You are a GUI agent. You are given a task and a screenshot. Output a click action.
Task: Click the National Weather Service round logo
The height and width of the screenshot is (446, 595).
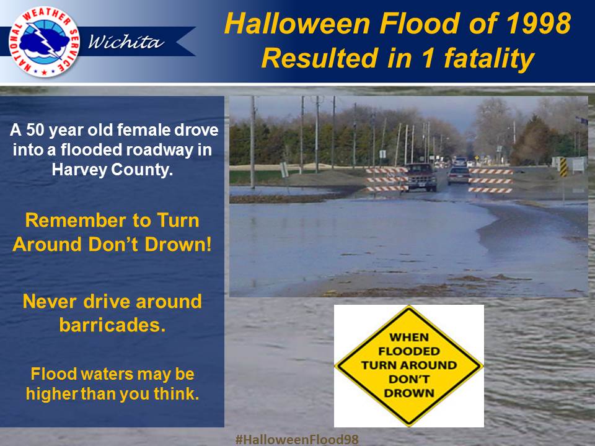[44, 42]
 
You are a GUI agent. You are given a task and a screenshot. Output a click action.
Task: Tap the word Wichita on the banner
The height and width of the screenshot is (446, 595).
[126, 41]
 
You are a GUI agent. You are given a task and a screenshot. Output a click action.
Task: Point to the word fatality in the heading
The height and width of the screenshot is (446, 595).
[490, 59]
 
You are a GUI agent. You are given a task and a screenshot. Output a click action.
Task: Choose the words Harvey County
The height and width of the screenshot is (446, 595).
[112, 169]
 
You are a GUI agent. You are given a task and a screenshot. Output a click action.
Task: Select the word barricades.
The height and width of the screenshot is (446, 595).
[112, 325]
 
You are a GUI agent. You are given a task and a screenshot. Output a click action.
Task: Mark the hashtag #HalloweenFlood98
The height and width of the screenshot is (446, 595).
[297, 439]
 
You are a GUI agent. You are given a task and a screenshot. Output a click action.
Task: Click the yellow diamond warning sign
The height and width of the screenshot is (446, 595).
[408, 366]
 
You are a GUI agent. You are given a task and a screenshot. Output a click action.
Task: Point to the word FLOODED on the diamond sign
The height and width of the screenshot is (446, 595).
[408, 351]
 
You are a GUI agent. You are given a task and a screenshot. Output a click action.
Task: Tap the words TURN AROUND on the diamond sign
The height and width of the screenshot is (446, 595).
[408, 365]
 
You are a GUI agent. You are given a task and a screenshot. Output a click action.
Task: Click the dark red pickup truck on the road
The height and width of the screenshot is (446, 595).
[420, 177]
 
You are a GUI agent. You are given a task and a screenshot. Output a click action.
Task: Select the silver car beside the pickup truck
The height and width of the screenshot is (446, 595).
[458, 175]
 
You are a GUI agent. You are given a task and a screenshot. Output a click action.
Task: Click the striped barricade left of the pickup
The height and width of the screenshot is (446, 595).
[387, 180]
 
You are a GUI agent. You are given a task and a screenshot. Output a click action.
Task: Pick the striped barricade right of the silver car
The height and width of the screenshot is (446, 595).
[490, 181]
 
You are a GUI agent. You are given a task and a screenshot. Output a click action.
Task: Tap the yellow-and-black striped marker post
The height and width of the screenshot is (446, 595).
[564, 167]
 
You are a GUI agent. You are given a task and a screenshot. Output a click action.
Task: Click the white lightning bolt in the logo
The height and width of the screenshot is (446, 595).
[44, 41]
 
